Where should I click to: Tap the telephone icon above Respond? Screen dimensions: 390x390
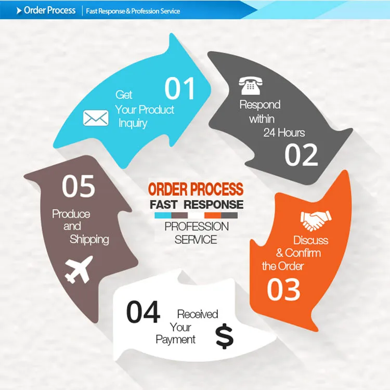pyautogui.click(x=250, y=86)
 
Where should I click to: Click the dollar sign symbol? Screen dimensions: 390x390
pyautogui.click(x=225, y=337)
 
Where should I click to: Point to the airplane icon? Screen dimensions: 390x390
pyautogui.click(x=79, y=269)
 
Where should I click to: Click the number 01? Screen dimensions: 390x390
pyautogui.click(x=180, y=89)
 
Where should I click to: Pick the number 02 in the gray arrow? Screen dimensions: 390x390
pyautogui.click(x=301, y=154)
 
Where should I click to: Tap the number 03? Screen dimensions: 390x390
pyautogui.click(x=283, y=290)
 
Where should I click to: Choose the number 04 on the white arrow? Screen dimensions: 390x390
pyautogui.click(x=143, y=312)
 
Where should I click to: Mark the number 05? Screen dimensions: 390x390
pyautogui.click(x=79, y=187)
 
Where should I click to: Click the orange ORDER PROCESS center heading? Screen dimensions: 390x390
pyautogui.click(x=196, y=189)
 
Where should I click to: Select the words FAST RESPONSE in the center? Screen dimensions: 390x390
pyautogui.click(x=197, y=204)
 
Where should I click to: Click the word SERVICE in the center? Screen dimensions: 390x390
pyautogui.click(x=196, y=240)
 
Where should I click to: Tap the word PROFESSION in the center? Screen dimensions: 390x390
pyautogui.click(x=197, y=227)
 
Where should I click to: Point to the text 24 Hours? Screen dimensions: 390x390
pyautogui.click(x=284, y=133)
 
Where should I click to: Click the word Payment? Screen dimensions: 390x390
pyautogui.click(x=176, y=340)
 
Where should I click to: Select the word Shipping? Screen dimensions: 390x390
pyautogui.click(x=89, y=239)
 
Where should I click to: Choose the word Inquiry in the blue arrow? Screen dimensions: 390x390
pyautogui.click(x=133, y=123)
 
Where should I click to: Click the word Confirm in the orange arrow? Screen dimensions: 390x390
pyautogui.click(x=303, y=253)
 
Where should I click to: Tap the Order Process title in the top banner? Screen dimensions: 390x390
pyautogui.click(x=49, y=10)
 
